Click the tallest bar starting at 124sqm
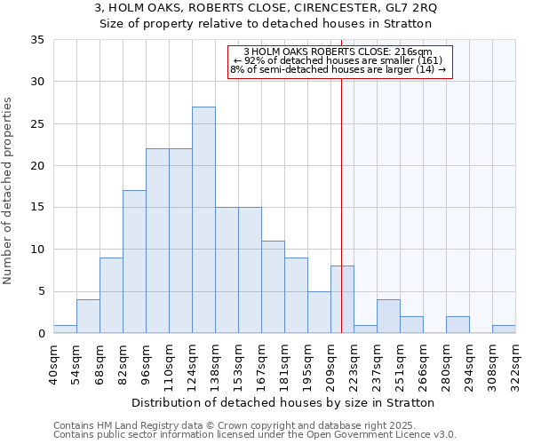203,220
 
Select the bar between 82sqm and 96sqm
134,262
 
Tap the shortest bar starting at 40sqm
65,329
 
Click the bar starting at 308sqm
504,329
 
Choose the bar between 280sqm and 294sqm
457,325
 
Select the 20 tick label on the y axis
38,166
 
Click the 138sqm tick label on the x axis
216,362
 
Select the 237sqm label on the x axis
378,362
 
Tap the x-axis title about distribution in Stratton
289,402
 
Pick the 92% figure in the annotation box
251,60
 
